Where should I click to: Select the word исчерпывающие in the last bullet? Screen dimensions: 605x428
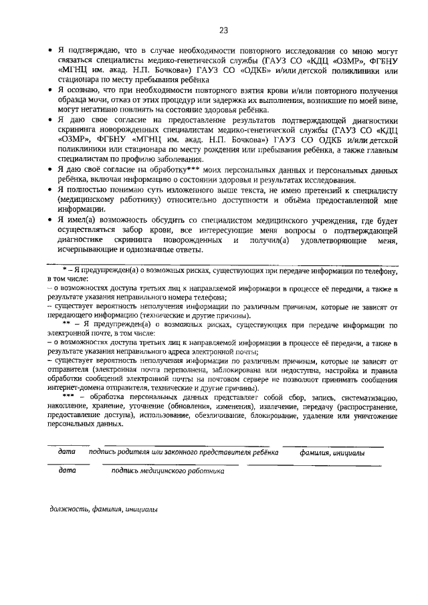point(88,249)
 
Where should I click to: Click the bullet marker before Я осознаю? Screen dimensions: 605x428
point(50,90)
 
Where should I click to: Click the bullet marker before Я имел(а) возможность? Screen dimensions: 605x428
point(50,220)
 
